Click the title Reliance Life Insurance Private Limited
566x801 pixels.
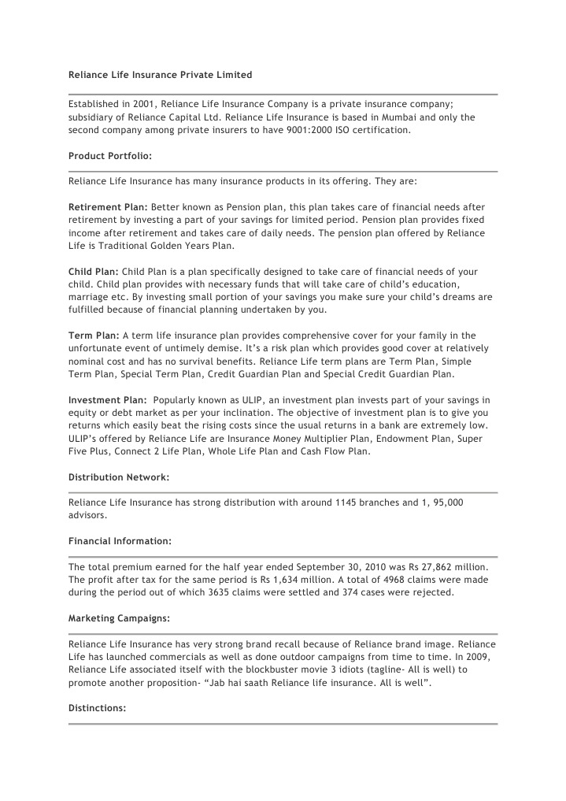coord(160,75)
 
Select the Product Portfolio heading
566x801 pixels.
coord(110,155)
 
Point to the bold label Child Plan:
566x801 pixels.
coord(94,272)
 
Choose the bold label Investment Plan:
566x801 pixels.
coord(107,400)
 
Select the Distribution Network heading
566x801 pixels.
coord(119,477)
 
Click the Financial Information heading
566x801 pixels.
coord(120,541)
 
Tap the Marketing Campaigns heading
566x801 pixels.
coord(118,618)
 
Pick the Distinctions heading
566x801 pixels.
coord(97,708)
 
